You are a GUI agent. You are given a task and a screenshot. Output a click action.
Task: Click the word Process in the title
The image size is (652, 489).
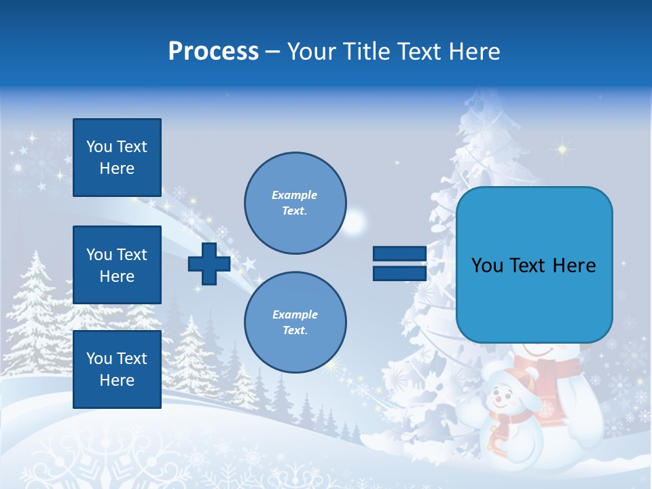coord(213,52)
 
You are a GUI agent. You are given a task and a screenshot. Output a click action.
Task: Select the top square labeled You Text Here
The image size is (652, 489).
coord(117,158)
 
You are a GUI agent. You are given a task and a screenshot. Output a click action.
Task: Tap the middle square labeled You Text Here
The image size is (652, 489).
coord(117,265)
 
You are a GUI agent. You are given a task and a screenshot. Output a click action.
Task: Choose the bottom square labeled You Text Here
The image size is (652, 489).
coord(117,369)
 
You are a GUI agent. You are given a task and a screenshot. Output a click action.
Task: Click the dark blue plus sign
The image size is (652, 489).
coord(209,264)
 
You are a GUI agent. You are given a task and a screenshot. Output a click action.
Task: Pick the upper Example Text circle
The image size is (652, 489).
coord(295,203)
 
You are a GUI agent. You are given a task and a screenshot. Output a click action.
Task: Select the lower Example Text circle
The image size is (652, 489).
coord(295,323)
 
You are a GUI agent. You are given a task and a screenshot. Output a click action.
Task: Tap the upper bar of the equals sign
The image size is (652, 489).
coord(399,254)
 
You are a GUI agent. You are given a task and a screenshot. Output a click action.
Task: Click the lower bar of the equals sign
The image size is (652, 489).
coord(399,273)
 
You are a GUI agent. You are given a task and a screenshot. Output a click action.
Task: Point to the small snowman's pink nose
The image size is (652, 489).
coord(499,398)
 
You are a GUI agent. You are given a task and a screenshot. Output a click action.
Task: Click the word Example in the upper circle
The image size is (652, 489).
coord(295,195)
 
